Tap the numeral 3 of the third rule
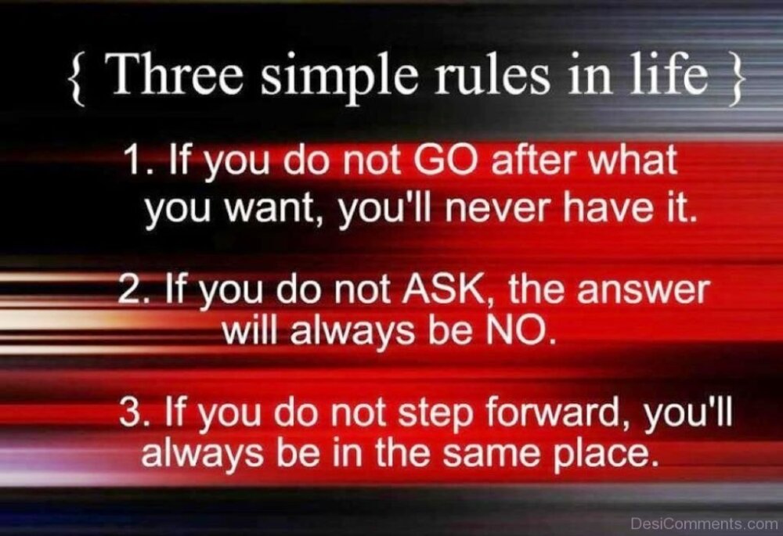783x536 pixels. [129, 412]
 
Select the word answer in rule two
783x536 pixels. [643, 292]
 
